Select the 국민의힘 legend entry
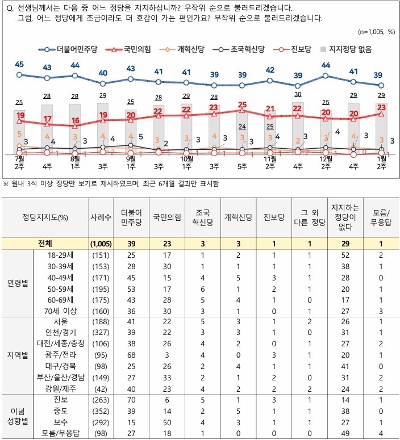coord(133,50)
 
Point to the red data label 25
coord(243,105)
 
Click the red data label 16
coord(74,120)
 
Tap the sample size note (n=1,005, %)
coord(376,32)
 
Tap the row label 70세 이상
coord(63,311)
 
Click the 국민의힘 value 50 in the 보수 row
coord(168,423)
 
